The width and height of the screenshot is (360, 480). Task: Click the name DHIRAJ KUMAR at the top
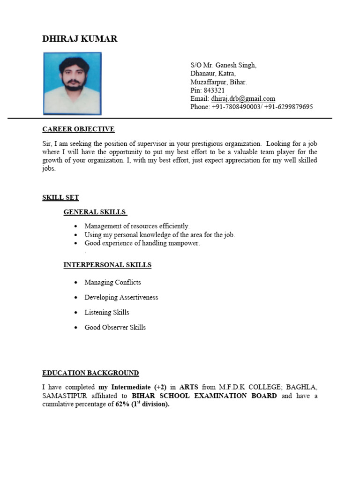(x=80, y=39)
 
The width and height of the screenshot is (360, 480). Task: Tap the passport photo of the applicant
(x=72, y=83)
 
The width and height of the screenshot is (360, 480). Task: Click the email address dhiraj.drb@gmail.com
(x=243, y=98)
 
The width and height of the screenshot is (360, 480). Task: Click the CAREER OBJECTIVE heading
(x=78, y=129)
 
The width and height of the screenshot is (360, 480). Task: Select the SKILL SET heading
(x=60, y=198)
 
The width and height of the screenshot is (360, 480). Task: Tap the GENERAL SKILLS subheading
(x=95, y=212)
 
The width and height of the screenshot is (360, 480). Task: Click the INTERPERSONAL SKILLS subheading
(x=107, y=265)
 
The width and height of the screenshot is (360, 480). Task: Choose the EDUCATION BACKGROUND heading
(x=90, y=373)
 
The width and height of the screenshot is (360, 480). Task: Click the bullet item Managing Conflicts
(x=112, y=282)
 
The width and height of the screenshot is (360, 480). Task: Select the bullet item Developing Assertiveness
(x=121, y=297)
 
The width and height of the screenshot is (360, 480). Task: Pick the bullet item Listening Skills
(x=106, y=312)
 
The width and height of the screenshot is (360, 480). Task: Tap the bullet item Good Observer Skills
(x=115, y=327)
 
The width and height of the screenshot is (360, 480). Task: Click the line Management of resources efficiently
(x=137, y=226)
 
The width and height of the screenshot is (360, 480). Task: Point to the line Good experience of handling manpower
(x=142, y=243)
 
